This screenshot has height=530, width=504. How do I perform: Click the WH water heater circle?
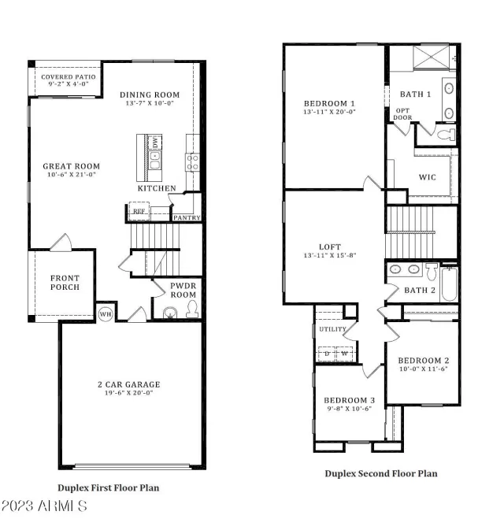click(x=105, y=313)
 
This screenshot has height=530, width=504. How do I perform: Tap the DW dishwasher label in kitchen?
click(x=155, y=143)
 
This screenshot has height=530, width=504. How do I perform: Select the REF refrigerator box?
click(x=139, y=212)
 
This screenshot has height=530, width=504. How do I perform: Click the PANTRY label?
click(x=187, y=217)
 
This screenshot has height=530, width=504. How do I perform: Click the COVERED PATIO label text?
click(x=69, y=77)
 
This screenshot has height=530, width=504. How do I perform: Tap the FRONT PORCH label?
click(x=65, y=283)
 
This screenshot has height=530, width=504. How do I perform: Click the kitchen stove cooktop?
click(x=191, y=161)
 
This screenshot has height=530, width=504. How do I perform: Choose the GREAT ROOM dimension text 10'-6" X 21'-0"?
click(x=72, y=175)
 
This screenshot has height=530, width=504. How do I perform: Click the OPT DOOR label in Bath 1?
click(x=402, y=114)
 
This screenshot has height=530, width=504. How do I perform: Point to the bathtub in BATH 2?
click(x=449, y=284)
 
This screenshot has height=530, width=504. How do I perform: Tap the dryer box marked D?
click(x=325, y=353)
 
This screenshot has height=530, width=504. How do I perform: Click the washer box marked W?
click(x=344, y=353)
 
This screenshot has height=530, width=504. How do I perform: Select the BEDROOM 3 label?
click(x=350, y=400)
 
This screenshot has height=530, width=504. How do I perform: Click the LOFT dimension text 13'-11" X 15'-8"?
click(x=329, y=255)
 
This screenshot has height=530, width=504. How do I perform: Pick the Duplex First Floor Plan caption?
click(x=108, y=487)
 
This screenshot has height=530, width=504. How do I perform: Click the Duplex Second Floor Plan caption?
click(x=380, y=473)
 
